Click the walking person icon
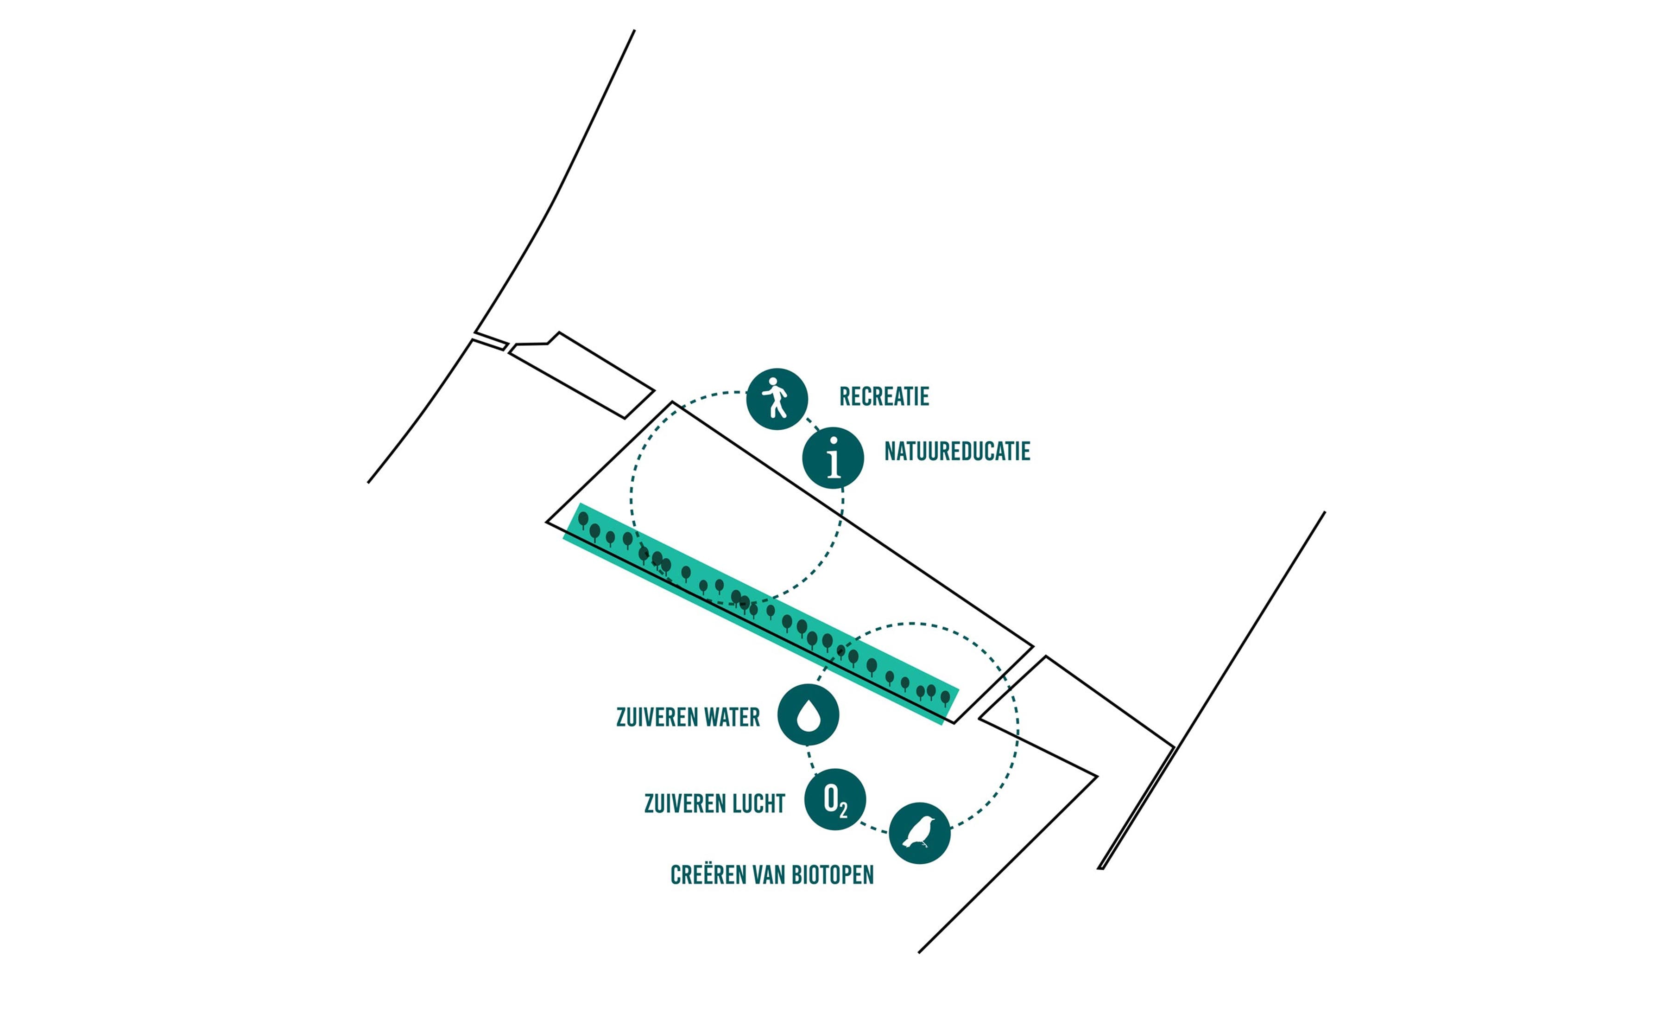pyautogui.click(x=777, y=399)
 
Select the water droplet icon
pyautogui.click(x=808, y=715)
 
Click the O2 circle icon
pyautogui.click(x=835, y=800)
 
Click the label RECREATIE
pyautogui.click(x=884, y=397)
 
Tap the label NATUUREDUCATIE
pyautogui.click(x=957, y=452)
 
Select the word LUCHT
pyautogui.click(x=760, y=804)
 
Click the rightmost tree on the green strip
pyautogui.click(x=945, y=698)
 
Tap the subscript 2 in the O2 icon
pyautogui.click(x=843, y=810)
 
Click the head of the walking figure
pyautogui.click(x=773, y=381)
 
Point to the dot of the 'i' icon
pyautogui.click(x=834, y=441)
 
